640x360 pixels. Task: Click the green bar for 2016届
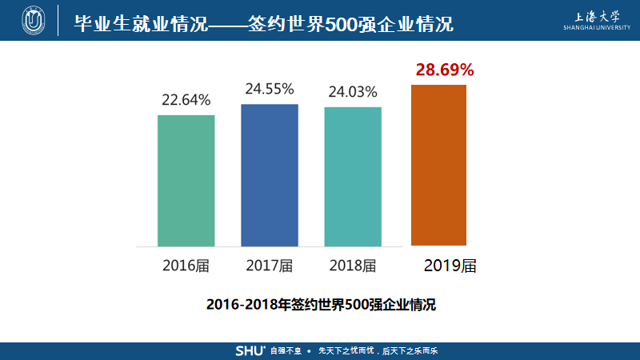pyautogui.click(x=186, y=180)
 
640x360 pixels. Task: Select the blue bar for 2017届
pyautogui.click(x=270, y=174)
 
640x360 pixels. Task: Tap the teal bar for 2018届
pyautogui.click(x=353, y=176)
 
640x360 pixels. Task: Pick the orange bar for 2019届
pyautogui.click(x=438, y=165)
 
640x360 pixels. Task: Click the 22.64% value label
pyautogui.click(x=186, y=101)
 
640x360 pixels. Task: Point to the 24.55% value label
pyautogui.click(x=270, y=89)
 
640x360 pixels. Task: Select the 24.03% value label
pyautogui.click(x=353, y=92)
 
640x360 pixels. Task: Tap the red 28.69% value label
pyautogui.click(x=445, y=70)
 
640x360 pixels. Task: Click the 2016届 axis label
pyautogui.click(x=186, y=266)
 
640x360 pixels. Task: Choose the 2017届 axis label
pyautogui.click(x=270, y=266)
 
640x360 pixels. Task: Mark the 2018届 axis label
pyautogui.click(x=353, y=266)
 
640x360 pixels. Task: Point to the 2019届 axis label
pyautogui.click(x=450, y=266)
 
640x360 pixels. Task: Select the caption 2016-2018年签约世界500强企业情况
pyautogui.click(x=320, y=305)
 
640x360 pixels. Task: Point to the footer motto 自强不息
pyautogui.click(x=285, y=351)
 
